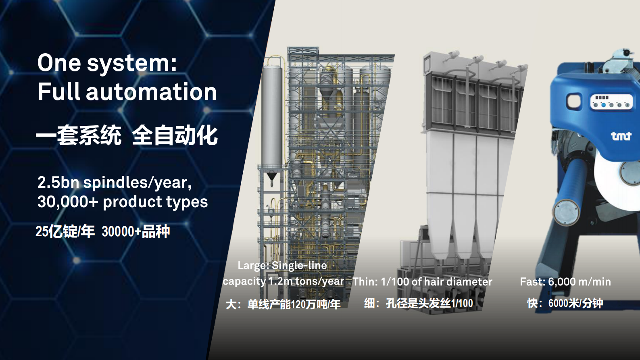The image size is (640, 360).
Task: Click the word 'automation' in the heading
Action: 151,92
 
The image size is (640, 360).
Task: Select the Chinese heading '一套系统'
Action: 79,135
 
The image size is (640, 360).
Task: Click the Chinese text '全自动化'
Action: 175,135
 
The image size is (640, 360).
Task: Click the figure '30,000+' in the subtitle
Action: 67,202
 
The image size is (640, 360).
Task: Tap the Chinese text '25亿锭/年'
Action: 65,231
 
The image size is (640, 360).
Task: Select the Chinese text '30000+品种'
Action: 136,231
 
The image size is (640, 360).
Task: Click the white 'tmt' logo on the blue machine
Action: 621,136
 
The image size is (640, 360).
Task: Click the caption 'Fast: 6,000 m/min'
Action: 565,282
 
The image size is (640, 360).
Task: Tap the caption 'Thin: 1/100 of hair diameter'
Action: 422,282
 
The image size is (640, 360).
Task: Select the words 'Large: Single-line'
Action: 282,265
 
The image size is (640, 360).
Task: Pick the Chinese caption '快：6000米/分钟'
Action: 565,303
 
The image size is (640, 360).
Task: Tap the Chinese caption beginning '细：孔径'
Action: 418,303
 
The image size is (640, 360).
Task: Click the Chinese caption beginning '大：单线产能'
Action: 283,304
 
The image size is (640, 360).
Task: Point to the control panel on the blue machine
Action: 611,102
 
